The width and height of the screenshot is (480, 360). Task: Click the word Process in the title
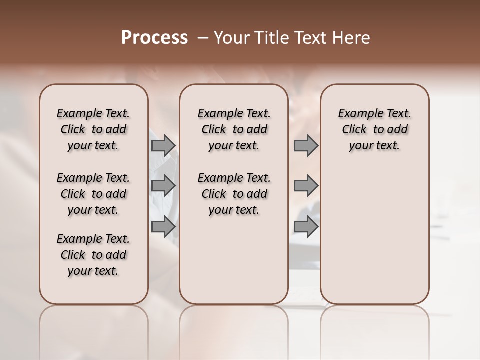[x=154, y=37]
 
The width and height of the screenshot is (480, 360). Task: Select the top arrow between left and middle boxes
[x=163, y=145]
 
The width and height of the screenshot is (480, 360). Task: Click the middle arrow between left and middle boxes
[x=163, y=186]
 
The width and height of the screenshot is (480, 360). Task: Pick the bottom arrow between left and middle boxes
[x=163, y=226]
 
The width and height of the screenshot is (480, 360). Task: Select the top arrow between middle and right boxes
[x=306, y=145]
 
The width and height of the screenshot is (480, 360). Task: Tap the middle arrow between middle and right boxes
[x=306, y=186]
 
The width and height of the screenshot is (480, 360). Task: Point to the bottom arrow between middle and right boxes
[x=306, y=226]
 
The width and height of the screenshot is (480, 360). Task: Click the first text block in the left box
[x=93, y=129]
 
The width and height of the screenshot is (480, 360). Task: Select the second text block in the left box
[x=93, y=194]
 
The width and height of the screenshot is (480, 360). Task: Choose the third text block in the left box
[x=93, y=255]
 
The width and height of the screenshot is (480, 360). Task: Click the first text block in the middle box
[x=234, y=129]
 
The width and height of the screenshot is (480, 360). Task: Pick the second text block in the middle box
[x=234, y=194]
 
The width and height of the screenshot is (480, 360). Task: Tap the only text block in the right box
[x=374, y=129]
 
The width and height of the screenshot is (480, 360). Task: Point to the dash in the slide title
[x=203, y=37]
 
